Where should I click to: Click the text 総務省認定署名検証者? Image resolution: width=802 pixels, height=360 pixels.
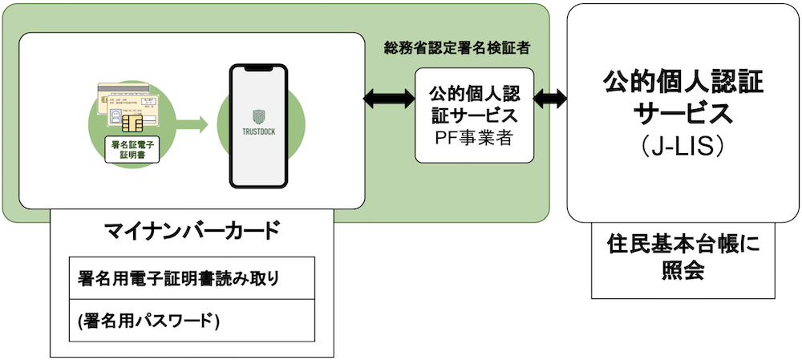click(x=456, y=48)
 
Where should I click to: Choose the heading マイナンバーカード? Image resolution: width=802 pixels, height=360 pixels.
click(x=192, y=233)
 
